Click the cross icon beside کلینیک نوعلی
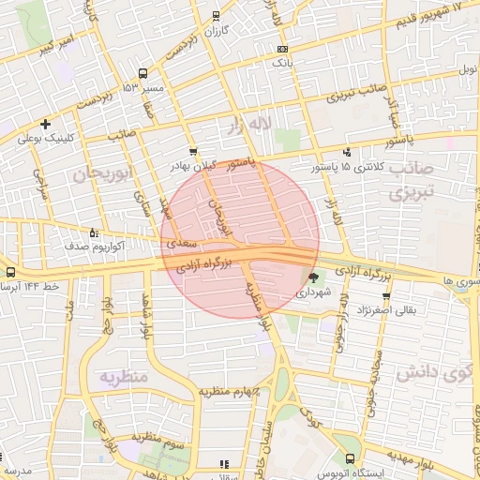pos(44,124)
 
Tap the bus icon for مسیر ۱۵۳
pos(142,73)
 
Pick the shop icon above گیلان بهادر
pos(192,150)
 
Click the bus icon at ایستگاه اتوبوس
pos(350,459)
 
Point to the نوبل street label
pos(467,70)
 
